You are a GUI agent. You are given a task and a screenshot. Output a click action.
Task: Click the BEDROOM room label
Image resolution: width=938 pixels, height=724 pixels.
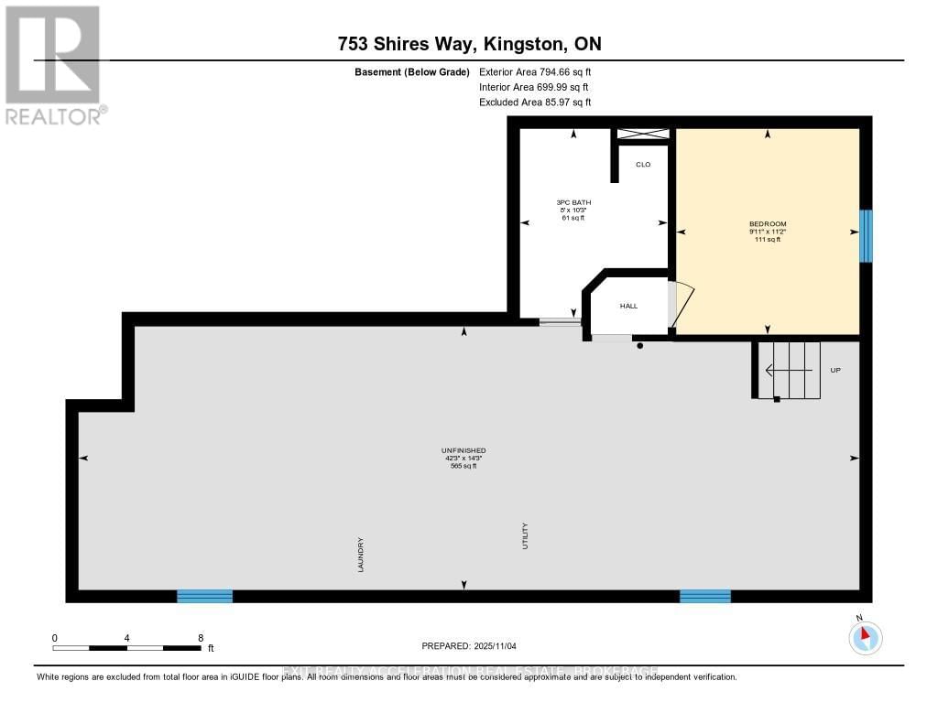tap(768, 224)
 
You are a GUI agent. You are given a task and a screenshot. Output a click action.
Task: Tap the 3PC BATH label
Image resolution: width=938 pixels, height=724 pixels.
tap(573, 202)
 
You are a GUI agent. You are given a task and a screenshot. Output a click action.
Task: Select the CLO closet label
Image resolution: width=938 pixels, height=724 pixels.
tap(643, 165)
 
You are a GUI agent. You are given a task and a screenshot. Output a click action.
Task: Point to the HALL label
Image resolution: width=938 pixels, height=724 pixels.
tap(628, 306)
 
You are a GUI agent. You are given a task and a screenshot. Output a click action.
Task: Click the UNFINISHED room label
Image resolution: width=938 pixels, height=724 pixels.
tap(464, 450)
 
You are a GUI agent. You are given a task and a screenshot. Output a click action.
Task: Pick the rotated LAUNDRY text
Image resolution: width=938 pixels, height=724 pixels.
tap(362, 555)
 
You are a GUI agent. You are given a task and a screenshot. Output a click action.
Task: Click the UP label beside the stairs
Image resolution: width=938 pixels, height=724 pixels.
tap(834, 370)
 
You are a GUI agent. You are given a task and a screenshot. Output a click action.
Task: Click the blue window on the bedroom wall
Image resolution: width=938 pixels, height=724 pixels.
tap(865, 236)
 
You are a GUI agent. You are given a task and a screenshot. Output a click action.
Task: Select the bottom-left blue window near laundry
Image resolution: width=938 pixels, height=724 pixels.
tap(204, 596)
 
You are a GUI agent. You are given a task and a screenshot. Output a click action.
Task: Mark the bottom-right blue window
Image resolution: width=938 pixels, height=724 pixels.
tap(704, 596)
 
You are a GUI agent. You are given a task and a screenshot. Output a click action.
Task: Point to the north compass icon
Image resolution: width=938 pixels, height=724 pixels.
tap(865, 636)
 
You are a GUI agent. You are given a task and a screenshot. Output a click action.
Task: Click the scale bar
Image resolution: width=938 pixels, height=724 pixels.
tap(126, 647)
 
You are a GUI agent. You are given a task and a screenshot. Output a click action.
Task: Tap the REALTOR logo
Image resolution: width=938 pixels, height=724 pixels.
tap(53, 65)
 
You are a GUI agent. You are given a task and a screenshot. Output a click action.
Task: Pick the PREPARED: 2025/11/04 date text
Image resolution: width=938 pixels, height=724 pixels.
tap(469, 646)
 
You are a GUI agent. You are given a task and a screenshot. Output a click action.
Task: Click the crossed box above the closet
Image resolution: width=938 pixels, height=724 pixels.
tap(642, 134)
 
